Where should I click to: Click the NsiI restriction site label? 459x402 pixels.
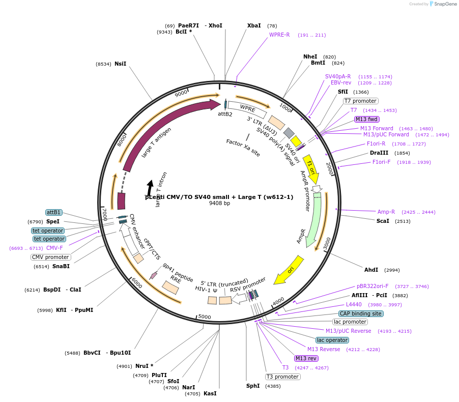(x=120, y=64)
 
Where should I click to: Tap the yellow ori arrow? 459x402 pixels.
(x=289, y=270)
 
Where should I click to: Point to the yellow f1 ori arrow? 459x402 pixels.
(x=311, y=170)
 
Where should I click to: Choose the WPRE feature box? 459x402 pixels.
(x=247, y=108)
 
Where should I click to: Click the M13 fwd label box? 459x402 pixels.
(x=366, y=119)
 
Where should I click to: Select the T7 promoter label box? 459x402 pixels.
(x=361, y=101)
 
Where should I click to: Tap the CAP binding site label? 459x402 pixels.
(x=361, y=313)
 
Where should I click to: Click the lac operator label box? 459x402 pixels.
(x=332, y=340)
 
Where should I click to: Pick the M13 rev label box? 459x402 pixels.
(x=306, y=358)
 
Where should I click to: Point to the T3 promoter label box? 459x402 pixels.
(x=282, y=377)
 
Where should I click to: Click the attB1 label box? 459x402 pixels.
(x=53, y=212)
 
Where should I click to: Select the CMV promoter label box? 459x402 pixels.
(x=50, y=257)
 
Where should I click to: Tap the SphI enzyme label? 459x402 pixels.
(x=253, y=386)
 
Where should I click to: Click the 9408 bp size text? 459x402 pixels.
(x=219, y=203)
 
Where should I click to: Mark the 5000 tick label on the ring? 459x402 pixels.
(x=204, y=317)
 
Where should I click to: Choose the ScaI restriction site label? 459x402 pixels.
(x=383, y=221)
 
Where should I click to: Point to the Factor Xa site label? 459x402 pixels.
(x=243, y=147)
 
